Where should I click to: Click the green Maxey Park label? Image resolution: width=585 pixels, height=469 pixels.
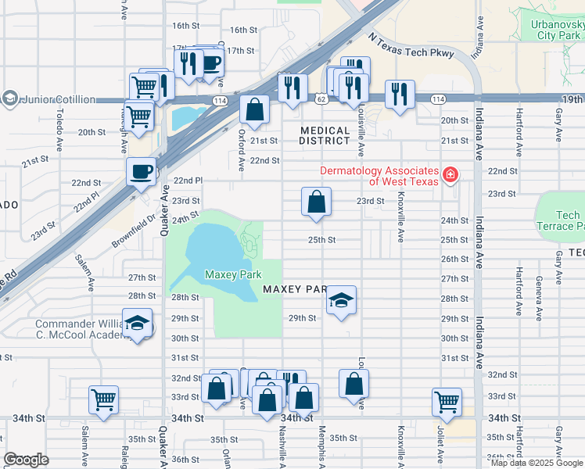[232, 274]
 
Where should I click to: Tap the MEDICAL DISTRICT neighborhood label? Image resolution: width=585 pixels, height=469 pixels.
[325, 136]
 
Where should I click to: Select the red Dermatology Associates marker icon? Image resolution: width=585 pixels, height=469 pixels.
[450, 174]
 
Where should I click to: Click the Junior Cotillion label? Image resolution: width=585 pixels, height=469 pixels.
[59, 99]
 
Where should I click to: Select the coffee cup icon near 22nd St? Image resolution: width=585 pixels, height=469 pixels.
[142, 171]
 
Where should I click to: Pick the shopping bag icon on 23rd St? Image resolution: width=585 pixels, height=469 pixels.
[315, 202]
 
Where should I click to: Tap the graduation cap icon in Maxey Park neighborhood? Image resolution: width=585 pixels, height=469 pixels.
[341, 299]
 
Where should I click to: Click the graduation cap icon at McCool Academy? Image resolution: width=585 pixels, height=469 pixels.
[138, 324]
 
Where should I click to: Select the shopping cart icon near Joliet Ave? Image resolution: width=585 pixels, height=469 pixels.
[447, 402]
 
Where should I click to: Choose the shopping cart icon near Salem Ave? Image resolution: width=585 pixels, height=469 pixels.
[103, 399]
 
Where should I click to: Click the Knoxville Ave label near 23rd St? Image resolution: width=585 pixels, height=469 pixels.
[400, 211]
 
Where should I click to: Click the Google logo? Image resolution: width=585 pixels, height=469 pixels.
[26, 460]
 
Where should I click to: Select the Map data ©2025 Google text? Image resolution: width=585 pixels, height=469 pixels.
[537, 463]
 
